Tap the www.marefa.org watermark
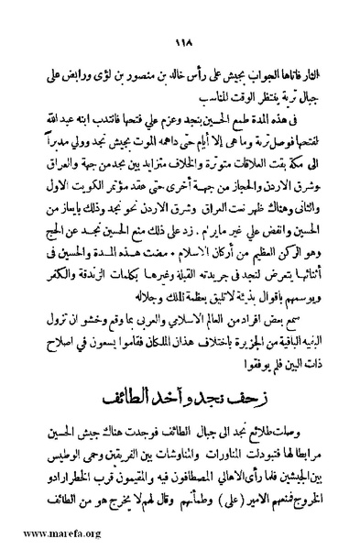tap(43, 532)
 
